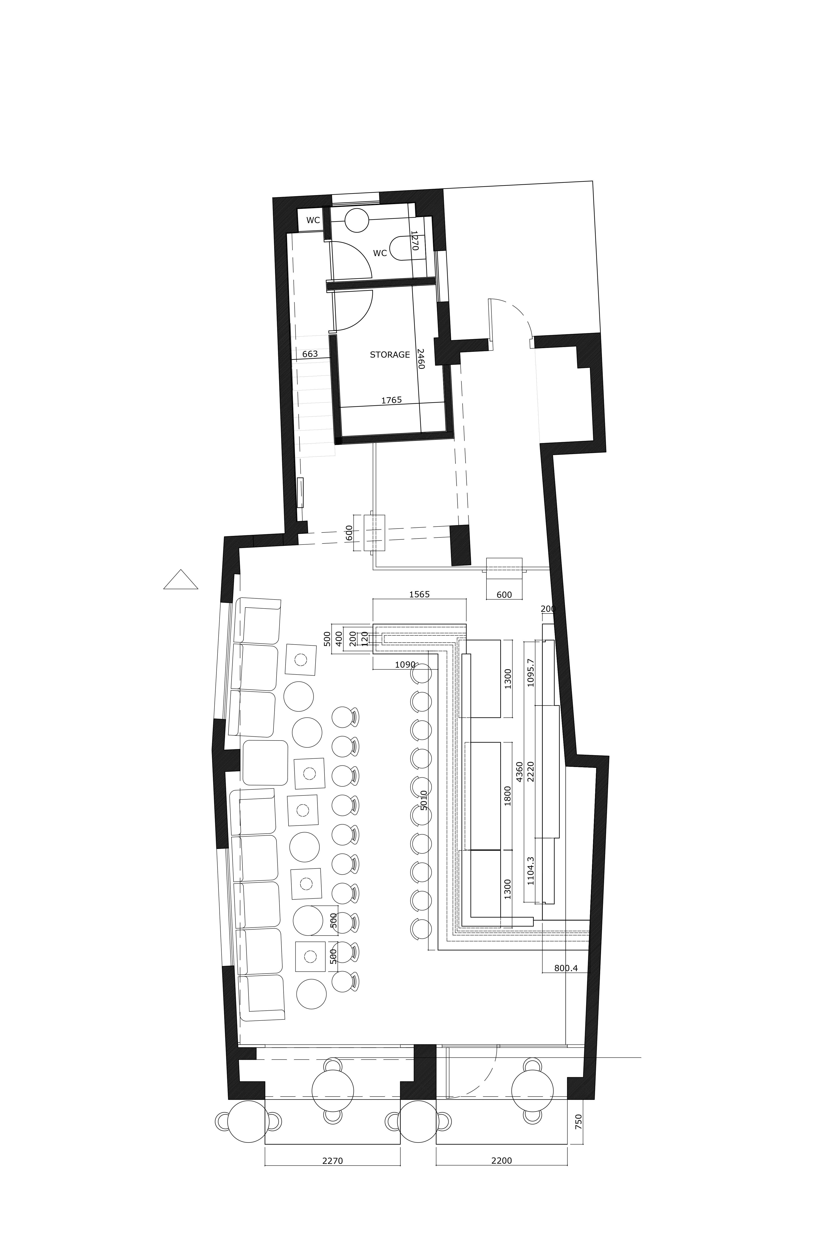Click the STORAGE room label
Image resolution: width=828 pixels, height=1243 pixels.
coord(390,355)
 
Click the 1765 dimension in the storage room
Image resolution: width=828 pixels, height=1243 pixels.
coord(391,400)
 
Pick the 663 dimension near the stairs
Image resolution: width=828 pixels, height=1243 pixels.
coord(310,354)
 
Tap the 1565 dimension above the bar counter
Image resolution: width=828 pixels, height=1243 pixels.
coord(419,594)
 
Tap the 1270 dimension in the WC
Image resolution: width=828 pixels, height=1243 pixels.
coord(415,240)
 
